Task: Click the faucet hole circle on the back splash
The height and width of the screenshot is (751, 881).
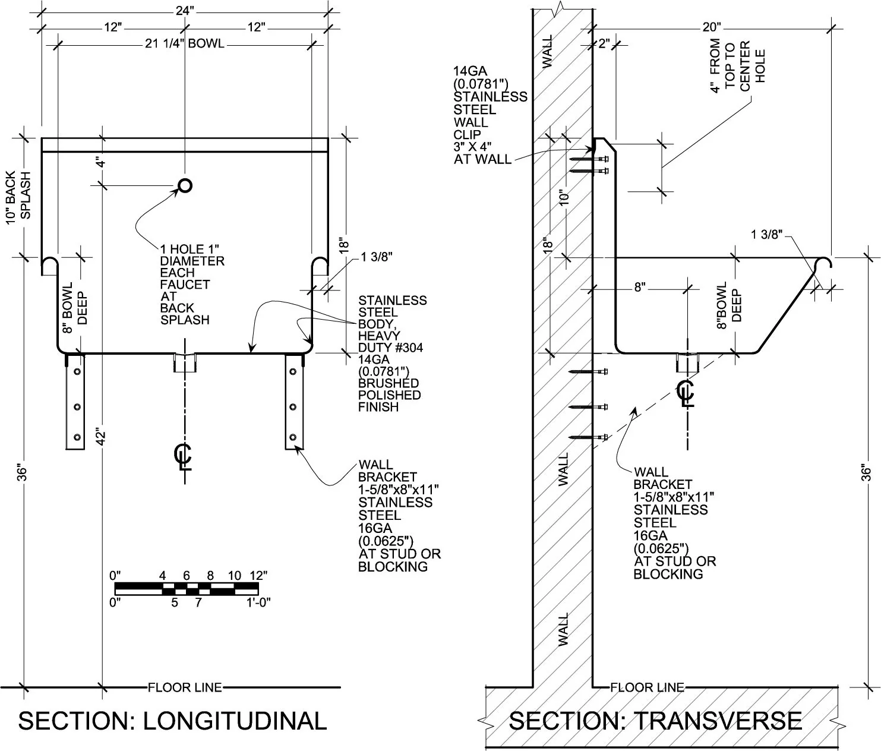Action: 185,186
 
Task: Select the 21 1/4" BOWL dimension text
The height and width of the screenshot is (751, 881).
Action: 185,43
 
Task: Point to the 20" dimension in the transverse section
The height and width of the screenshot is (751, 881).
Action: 711,27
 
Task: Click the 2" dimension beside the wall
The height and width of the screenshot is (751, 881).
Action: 604,43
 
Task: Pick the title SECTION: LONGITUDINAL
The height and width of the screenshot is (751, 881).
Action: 172,720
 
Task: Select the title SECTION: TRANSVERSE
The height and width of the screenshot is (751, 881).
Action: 655,720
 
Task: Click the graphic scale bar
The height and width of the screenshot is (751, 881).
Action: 187,589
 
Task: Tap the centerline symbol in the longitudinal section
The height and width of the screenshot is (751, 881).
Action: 183,456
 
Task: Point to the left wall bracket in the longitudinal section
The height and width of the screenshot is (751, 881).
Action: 75,402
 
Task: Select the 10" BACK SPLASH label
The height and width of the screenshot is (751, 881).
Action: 18,196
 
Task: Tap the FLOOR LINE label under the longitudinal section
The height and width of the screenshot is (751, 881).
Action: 185,687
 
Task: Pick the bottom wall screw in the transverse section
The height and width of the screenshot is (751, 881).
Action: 589,437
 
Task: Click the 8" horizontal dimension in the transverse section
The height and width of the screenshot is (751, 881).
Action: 639,288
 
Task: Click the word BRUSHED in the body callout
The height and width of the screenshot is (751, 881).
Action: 389,383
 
